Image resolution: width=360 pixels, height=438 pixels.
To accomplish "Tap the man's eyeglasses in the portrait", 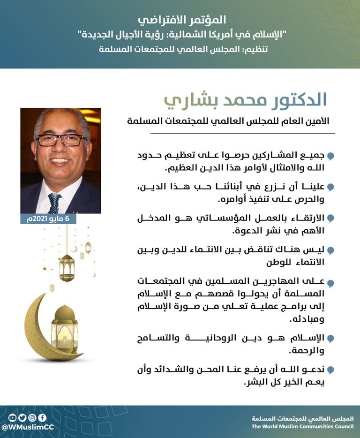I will click(x=61, y=139).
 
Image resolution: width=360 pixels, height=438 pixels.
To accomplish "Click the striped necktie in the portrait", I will click(x=54, y=202).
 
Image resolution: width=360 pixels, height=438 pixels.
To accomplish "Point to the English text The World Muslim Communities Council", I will click(x=302, y=427).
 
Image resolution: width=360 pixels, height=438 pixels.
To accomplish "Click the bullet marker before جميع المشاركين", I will click(x=330, y=156).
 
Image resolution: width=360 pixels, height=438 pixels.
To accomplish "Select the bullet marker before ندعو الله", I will click(x=330, y=370).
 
